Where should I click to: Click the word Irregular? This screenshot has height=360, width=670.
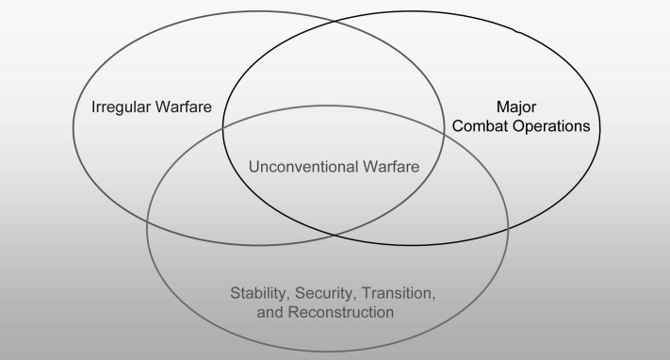[121, 107]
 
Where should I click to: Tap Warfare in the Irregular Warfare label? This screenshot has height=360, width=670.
[184, 106]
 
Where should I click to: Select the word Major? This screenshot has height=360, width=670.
[516, 107]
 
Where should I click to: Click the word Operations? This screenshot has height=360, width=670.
[551, 127]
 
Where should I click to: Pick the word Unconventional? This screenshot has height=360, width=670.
[303, 167]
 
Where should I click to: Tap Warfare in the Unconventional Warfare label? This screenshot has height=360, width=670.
[391, 167]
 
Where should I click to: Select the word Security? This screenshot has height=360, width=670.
[326, 294]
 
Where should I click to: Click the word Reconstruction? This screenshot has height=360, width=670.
[341, 312]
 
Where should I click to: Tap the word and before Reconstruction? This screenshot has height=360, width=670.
[270, 312]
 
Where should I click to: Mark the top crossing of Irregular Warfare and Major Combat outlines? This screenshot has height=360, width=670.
[334, 20]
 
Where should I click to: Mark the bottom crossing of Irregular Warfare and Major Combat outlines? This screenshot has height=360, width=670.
[334, 235]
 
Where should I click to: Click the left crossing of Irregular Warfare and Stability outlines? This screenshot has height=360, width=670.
[148, 221]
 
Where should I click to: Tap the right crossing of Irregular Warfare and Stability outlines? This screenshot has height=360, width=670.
[445, 135]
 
